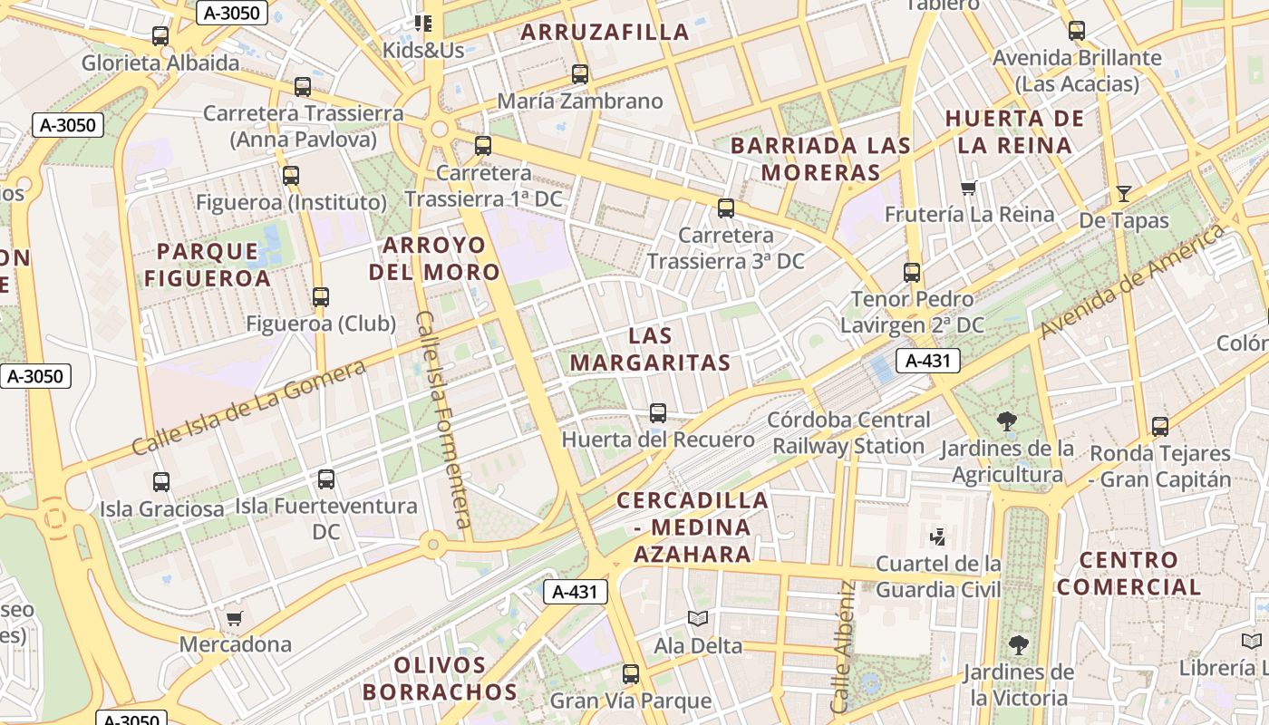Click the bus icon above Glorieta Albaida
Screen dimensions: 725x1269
click(160, 36)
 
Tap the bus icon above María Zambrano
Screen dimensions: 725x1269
click(580, 74)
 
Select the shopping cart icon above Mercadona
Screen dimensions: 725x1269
click(235, 618)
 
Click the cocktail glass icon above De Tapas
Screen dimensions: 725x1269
click(1124, 193)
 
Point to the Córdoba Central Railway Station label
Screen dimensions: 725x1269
click(848, 433)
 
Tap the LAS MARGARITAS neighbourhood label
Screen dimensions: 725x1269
click(651, 349)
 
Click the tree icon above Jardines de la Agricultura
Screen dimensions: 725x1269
click(1006, 420)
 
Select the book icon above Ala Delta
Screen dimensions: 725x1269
click(697, 619)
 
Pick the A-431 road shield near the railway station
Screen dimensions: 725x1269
click(928, 361)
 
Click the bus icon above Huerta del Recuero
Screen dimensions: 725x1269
click(658, 413)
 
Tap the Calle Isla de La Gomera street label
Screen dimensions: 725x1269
click(248, 407)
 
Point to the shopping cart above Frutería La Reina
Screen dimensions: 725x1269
click(969, 188)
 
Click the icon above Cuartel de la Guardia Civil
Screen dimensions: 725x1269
click(938, 537)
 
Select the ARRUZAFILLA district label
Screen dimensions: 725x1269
click(605, 33)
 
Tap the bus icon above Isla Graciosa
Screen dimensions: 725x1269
click(161, 482)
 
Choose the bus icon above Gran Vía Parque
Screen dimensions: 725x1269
click(631, 674)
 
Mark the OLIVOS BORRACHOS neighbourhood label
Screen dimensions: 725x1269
click(441, 679)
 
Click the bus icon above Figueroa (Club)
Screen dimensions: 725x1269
click(321, 296)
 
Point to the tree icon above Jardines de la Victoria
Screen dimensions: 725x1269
click(1018, 645)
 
